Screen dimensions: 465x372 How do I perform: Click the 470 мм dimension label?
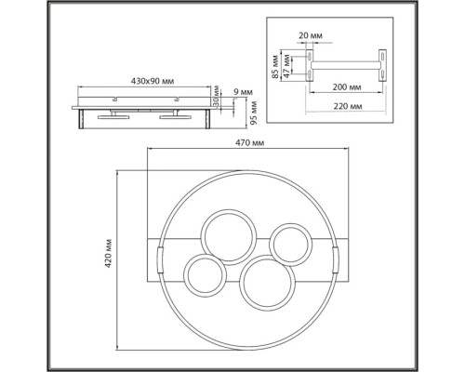[x=249, y=143]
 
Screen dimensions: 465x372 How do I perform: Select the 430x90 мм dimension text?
[x=153, y=82]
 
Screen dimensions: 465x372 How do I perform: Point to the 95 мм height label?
[x=254, y=113]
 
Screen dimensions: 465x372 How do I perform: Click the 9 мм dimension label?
[x=243, y=92]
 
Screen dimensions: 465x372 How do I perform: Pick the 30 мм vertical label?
[x=217, y=97]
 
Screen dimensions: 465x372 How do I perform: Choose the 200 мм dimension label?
[x=347, y=87]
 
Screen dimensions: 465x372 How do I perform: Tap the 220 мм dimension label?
[x=348, y=106]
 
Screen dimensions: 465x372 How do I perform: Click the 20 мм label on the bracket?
[x=311, y=35]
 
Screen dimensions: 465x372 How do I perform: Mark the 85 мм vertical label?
[x=275, y=67]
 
